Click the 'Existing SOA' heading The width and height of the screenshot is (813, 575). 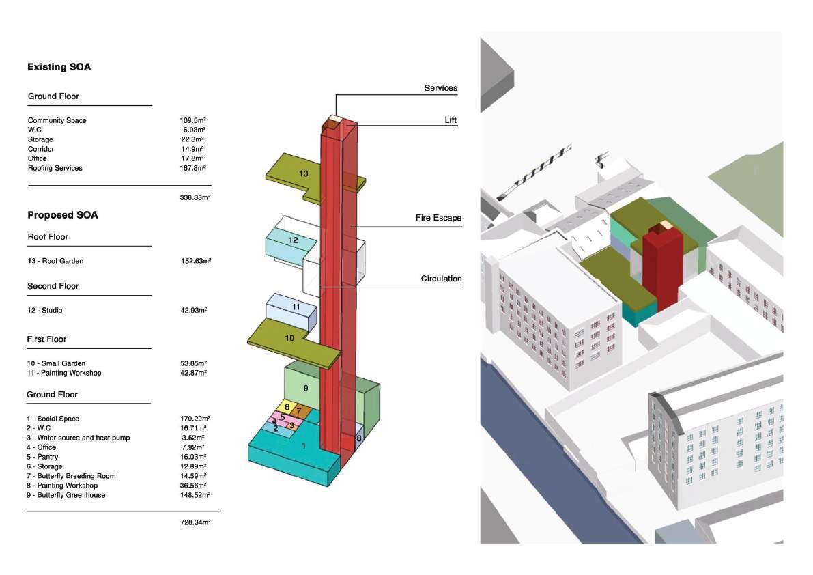(59, 67)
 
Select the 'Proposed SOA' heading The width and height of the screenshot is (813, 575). (62, 215)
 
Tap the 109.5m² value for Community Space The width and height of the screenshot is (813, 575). (193, 120)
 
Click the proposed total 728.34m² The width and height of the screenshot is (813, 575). (195, 522)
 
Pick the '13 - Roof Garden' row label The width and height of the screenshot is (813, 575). (55, 261)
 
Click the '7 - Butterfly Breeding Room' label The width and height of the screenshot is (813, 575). (71, 476)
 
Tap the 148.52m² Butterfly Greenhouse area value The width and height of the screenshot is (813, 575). (195, 495)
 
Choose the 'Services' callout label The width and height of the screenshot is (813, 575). (440, 88)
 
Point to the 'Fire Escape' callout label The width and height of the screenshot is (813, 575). (438, 218)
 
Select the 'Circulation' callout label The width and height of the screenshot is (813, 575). (441, 279)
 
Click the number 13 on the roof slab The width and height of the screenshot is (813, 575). (304, 173)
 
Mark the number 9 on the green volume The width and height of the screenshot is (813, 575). (306, 388)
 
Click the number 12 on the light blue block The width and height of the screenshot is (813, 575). (294, 240)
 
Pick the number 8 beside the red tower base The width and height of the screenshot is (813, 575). (359, 438)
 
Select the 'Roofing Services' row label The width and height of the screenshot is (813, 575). (55, 168)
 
